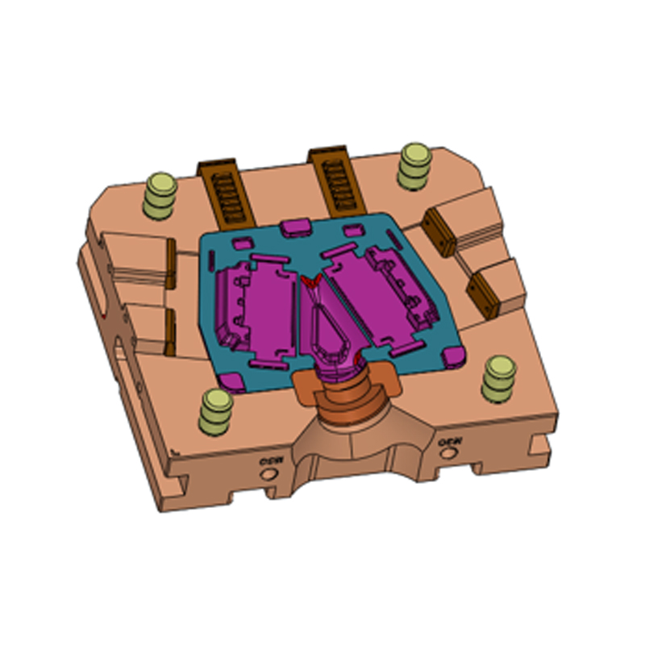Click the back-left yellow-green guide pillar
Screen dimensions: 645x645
tap(159, 196)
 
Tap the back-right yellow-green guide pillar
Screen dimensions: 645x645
tap(414, 166)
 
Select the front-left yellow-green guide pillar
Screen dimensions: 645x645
tap(216, 410)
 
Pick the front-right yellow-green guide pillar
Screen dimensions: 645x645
tap(498, 380)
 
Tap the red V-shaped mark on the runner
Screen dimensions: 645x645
tap(311, 281)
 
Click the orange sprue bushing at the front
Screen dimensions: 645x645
tap(347, 395)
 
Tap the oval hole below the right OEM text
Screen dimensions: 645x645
tap(448, 457)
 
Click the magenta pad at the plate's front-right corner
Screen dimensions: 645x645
tap(453, 355)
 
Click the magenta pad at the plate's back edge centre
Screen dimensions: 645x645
tap(295, 228)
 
